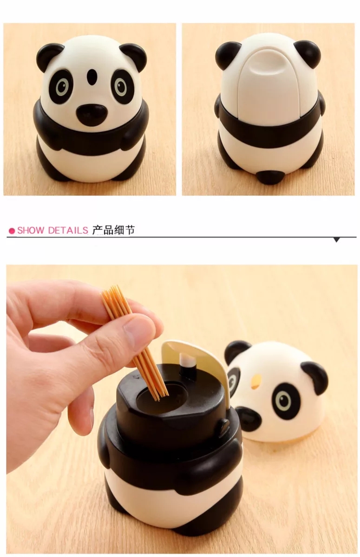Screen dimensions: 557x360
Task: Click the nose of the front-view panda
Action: coord(92,115)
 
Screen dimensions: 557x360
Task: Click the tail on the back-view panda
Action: coord(270,177)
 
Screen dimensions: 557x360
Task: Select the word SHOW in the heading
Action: coord(31,230)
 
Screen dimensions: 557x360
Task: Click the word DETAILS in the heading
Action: coord(68,230)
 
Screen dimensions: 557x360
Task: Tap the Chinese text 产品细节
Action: coord(113,230)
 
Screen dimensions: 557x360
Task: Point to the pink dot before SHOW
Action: coord(13,231)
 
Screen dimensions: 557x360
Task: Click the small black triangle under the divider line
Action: coord(337,240)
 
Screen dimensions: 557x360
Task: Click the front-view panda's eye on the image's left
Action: coord(61,86)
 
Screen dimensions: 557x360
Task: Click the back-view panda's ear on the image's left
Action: coord(228,55)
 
